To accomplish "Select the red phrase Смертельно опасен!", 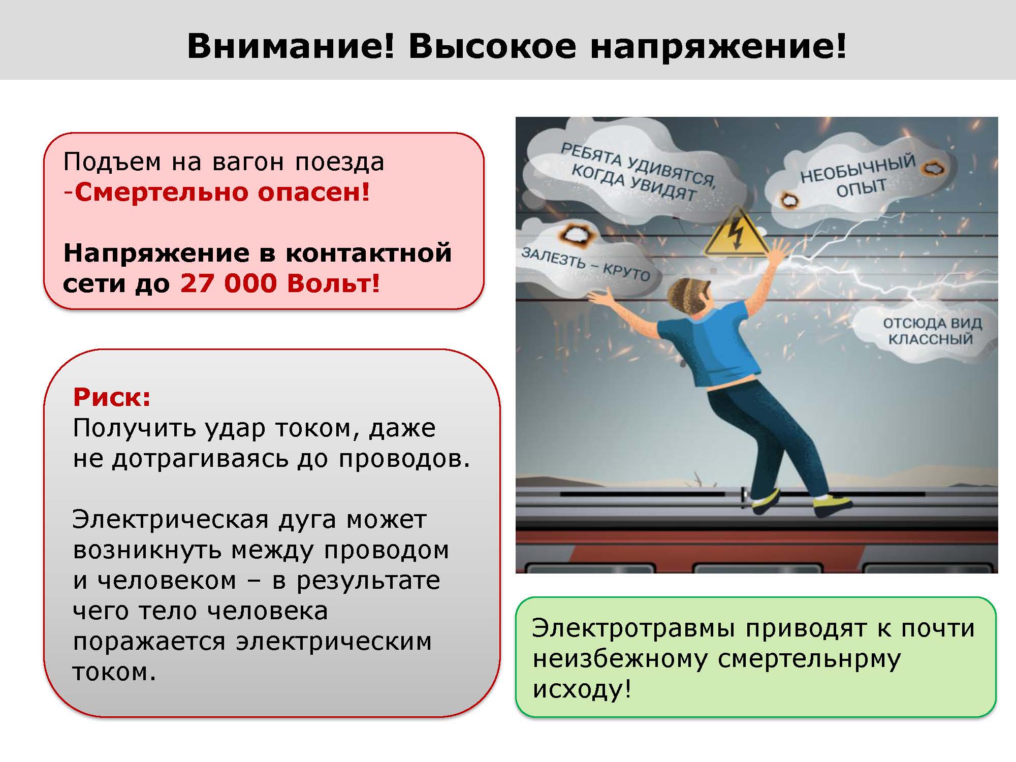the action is pyautogui.click(x=223, y=192).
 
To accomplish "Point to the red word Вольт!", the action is pyautogui.click(x=333, y=283).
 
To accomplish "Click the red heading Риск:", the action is pyautogui.click(x=112, y=397).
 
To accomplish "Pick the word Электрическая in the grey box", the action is pyautogui.click(x=171, y=520).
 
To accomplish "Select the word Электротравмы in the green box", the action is pyautogui.click(x=633, y=629).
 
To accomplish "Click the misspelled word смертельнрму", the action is pyautogui.click(x=809, y=659).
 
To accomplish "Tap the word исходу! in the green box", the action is pyautogui.click(x=582, y=689).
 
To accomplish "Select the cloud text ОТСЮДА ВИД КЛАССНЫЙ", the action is pyautogui.click(x=932, y=331).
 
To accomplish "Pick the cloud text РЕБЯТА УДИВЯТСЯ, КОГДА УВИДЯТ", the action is pyautogui.click(x=639, y=172).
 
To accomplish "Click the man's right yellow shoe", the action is pyautogui.click(x=833, y=505).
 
